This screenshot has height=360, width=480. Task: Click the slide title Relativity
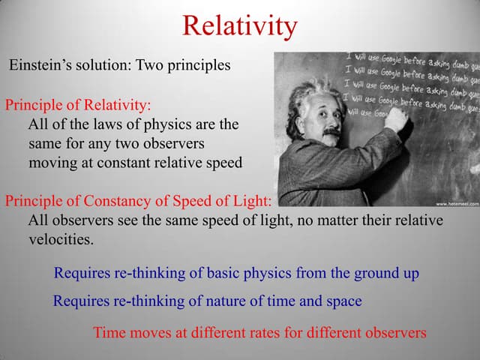240,26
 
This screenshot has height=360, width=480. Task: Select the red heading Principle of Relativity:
78,104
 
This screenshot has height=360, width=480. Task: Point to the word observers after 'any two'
171,143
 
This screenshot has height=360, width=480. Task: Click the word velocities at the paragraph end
61,239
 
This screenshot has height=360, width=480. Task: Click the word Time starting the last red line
109,332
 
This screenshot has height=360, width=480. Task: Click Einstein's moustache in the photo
331,131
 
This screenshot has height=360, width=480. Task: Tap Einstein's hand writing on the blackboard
397,118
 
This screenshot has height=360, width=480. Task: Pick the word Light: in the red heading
253,201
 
